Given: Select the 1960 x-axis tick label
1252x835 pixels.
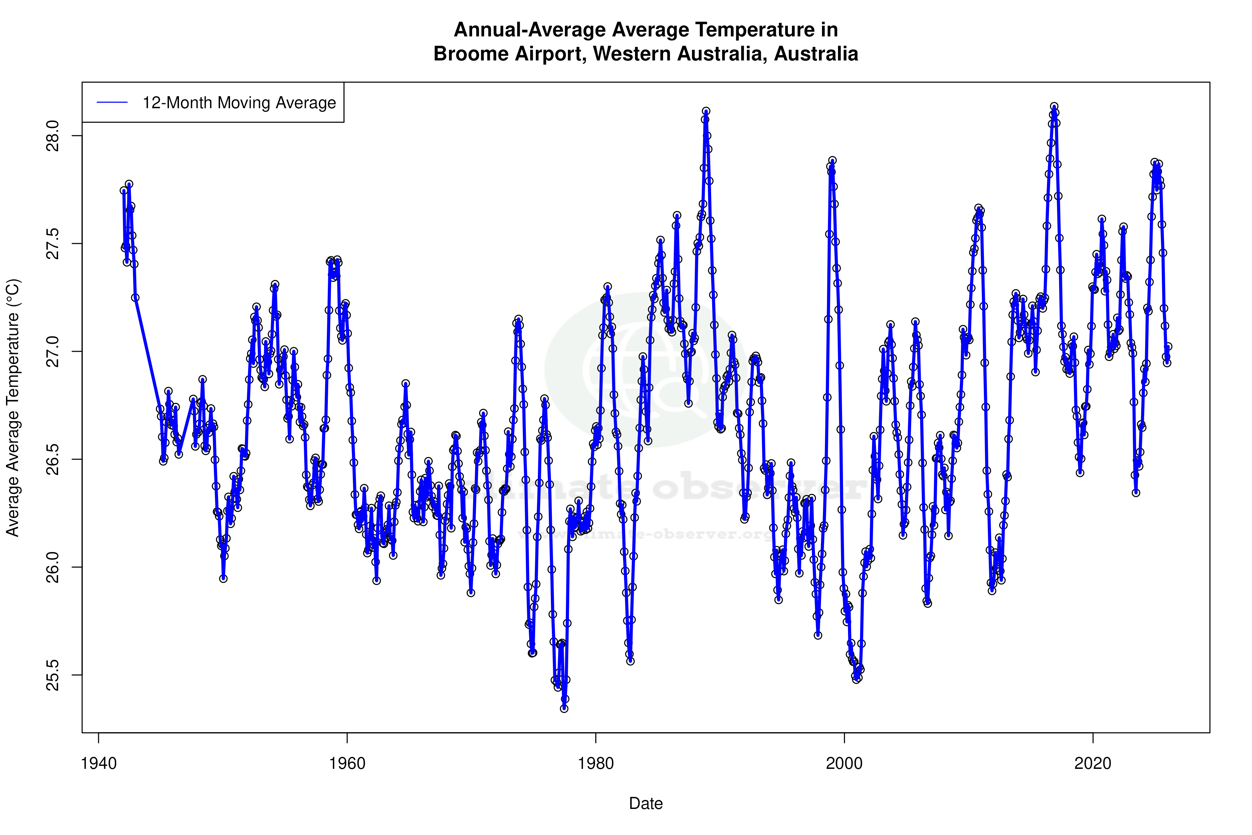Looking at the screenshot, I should [x=347, y=764].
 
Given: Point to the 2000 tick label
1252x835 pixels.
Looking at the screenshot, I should [x=844, y=764].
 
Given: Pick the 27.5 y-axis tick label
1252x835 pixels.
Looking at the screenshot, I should [x=53, y=244].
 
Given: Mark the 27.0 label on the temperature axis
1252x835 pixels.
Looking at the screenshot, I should [x=53, y=351].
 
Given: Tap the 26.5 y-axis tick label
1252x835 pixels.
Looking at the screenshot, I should [x=53, y=459].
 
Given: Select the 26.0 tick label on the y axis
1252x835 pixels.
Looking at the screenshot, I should [x=53, y=567].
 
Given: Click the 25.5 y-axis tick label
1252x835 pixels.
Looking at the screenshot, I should [x=53, y=675].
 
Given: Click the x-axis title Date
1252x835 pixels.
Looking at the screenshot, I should [x=646, y=804].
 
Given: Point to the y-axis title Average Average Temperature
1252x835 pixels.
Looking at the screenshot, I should [x=13, y=408].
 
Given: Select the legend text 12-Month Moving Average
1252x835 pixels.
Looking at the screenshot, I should [x=239, y=103].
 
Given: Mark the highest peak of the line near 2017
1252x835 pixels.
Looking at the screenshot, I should [x=1054, y=107].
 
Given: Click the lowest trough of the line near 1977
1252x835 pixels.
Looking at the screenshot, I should [x=564, y=708].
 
